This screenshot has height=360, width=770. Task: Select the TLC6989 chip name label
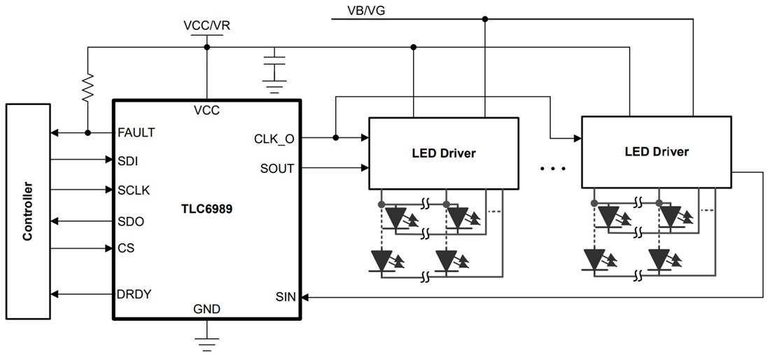[x=207, y=207]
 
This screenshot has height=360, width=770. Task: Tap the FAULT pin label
[x=137, y=132]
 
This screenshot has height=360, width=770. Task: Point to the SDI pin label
[x=128, y=161]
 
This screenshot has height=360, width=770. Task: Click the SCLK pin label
[x=134, y=190]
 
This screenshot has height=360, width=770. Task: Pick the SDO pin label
[x=130, y=221]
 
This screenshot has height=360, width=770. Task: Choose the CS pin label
[x=126, y=248]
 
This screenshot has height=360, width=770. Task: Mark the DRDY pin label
[x=134, y=294]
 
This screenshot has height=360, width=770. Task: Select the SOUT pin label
[x=277, y=168]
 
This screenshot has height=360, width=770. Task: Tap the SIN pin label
[x=285, y=297]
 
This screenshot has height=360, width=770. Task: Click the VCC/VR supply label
[x=206, y=25]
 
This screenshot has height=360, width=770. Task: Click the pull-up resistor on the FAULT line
[x=87, y=89]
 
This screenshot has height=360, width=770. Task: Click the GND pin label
[x=207, y=309]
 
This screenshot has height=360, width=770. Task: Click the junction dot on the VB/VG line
[x=484, y=19]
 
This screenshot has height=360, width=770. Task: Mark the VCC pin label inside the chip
[x=207, y=110]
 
